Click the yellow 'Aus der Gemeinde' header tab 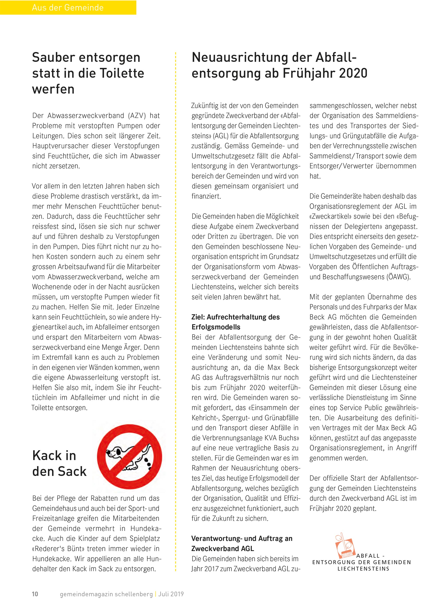68,7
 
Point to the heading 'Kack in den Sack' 59,464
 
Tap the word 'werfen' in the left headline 53,89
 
